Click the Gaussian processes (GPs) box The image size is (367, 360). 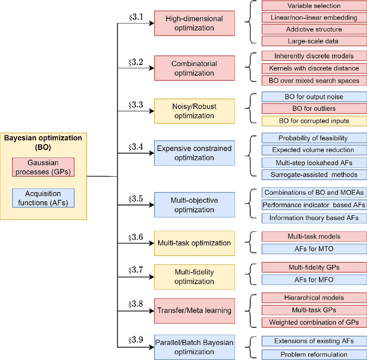pos(43,167)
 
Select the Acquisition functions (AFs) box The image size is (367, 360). pos(43,198)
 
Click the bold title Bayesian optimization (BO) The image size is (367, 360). pos(43,142)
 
